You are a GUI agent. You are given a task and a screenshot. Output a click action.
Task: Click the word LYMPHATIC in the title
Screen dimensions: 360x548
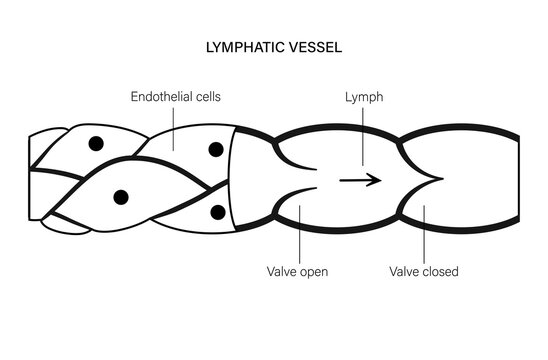pyautogui.click(x=240, y=46)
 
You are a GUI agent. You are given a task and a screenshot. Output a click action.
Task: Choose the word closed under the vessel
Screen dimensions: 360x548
pyautogui.click(x=438, y=270)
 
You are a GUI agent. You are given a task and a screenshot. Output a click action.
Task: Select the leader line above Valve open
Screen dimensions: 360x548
pyautogui.click(x=298, y=235)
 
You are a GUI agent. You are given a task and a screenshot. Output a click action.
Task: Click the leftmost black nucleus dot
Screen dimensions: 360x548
pyautogui.click(x=95, y=144)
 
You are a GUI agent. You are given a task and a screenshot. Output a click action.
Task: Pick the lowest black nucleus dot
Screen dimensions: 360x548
pyautogui.click(x=217, y=212)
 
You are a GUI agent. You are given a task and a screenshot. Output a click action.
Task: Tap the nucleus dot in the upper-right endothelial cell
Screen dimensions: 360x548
pyautogui.click(x=215, y=149)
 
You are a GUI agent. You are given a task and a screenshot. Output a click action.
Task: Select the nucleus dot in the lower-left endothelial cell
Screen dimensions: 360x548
pyautogui.click(x=121, y=196)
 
